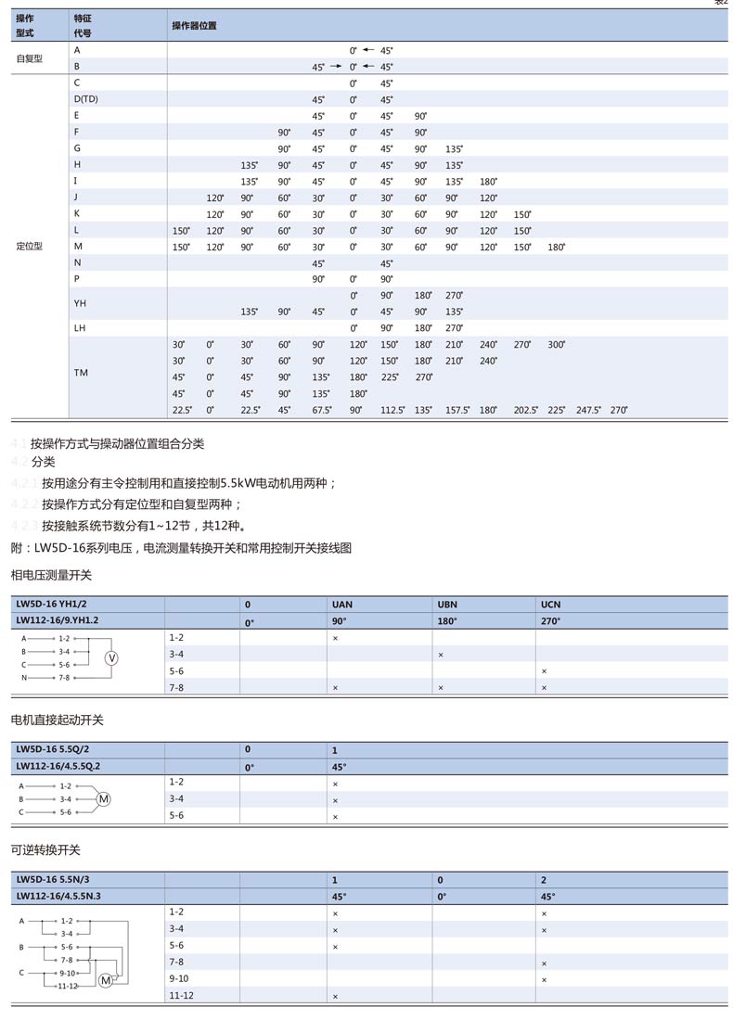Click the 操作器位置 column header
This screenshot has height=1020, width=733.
(194, 26)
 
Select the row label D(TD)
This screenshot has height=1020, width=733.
(86, 99)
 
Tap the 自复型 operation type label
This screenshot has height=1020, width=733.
(30, 57)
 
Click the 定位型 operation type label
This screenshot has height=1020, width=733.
(30, 247)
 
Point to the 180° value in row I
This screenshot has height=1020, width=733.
(488, 181)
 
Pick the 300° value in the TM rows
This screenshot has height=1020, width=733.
(556, 344)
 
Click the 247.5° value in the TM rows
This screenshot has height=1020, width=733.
(588, 410)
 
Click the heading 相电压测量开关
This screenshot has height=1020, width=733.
(51, 576)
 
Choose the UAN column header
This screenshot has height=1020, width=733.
(341, 605)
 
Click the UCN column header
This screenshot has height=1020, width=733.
(551, 605)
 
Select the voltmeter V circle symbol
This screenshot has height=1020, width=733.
(111, 657)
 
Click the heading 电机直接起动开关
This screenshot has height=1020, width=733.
(57, 720)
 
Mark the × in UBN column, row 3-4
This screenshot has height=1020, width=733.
(441, 656)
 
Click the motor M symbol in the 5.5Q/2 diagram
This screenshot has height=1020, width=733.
(104, 799)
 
